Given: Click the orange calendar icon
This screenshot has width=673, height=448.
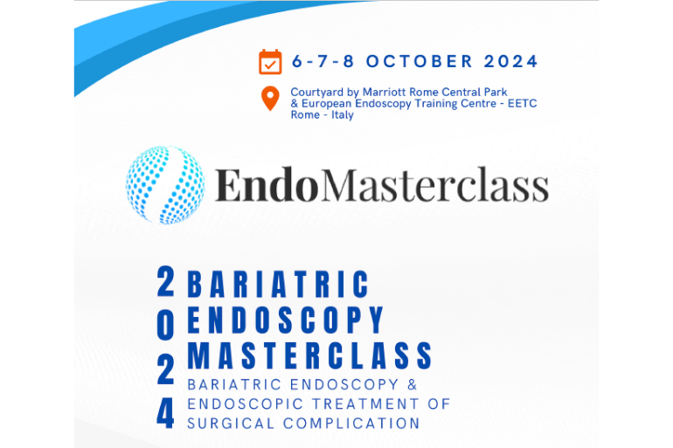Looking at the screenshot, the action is pos(270,62).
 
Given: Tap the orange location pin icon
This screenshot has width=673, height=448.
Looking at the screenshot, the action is pos(270,99).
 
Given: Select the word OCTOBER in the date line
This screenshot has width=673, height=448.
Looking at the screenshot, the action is pos(419,61).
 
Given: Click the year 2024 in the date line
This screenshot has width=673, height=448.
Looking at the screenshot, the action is pos(510,61).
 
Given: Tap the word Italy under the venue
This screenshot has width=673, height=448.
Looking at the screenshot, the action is pos(342,115).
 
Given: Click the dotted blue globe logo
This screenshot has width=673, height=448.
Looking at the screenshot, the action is pos(165,185).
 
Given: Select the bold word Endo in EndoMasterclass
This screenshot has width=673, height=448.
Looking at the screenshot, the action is pos(267,185).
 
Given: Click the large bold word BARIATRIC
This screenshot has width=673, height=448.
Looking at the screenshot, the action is pos(278,284).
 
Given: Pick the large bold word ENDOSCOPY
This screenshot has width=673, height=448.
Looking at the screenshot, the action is pos(286,320).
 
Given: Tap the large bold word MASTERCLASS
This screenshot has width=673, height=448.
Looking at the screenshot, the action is pos(310,355).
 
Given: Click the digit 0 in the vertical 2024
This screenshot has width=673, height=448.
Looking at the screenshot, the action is pos(166,325).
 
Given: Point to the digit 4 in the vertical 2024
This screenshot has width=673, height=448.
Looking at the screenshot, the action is pos(165,414).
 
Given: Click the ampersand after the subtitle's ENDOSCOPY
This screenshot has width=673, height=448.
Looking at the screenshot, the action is pos(413,384).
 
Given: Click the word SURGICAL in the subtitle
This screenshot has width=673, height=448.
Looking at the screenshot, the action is pos(231,424).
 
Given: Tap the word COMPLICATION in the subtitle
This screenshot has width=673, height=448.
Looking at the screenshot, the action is pos(351,424).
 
